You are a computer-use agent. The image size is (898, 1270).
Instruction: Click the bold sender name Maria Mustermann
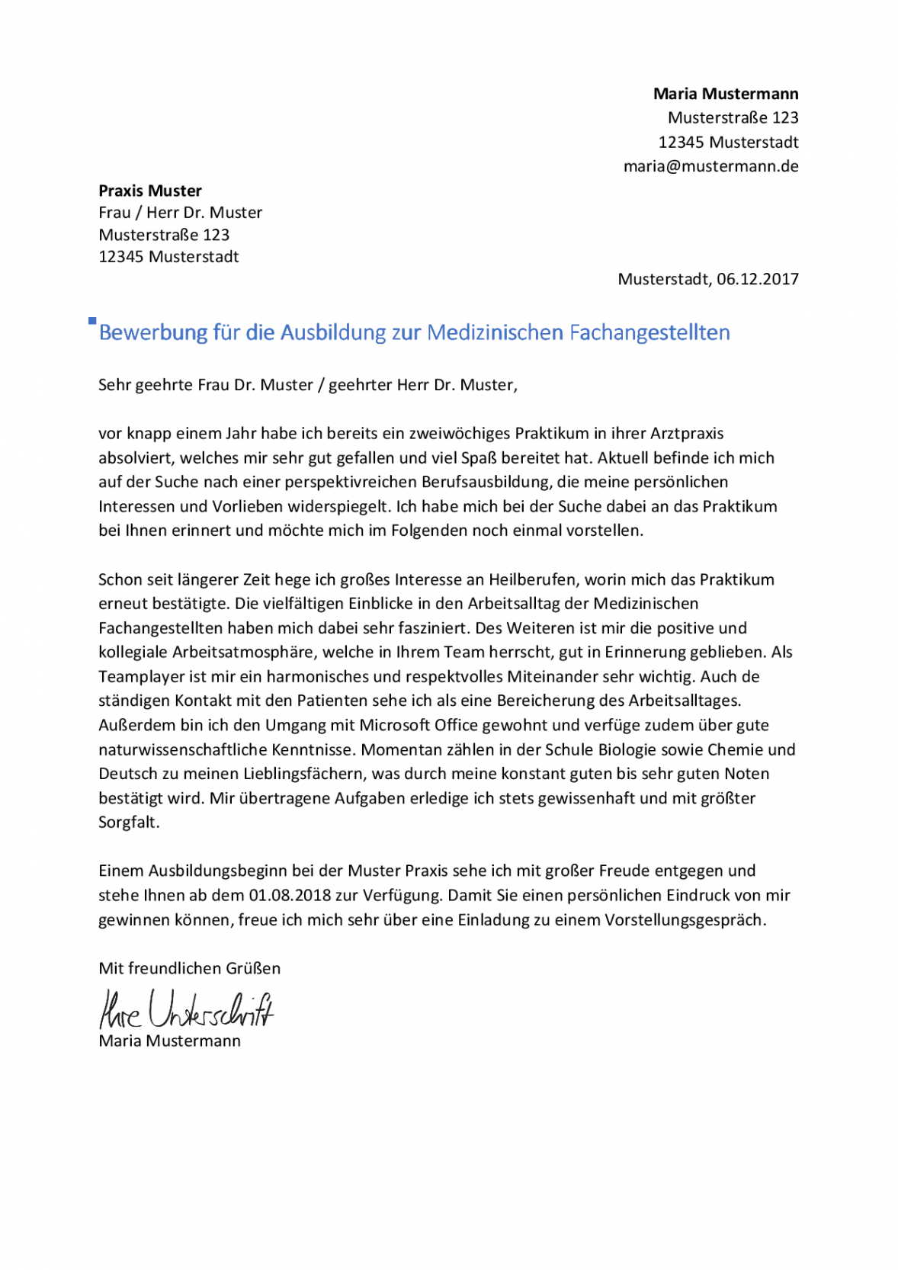point(725,94)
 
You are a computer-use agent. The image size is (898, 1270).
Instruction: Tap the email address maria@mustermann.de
point(710,166)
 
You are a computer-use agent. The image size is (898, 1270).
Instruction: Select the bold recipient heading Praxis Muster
point(150,191)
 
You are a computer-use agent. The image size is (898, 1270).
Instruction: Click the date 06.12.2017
point(757,279)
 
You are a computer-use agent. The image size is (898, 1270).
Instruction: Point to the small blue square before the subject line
point(92,321)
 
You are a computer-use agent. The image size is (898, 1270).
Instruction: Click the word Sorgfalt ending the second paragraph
point(127,823)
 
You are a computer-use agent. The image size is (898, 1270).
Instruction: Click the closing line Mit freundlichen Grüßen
point(189,968)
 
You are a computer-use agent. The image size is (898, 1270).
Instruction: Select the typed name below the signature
point(169,1041)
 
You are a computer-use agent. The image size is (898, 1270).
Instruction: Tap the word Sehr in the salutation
point(114,385)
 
